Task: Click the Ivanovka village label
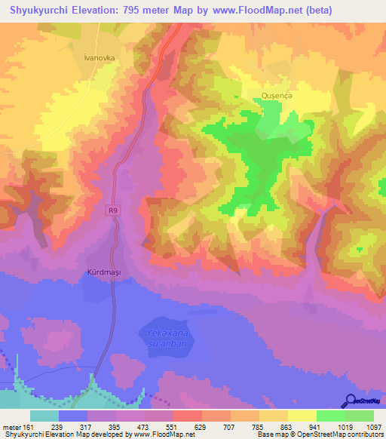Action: point(98,56)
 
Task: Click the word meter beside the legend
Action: point(11,426)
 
